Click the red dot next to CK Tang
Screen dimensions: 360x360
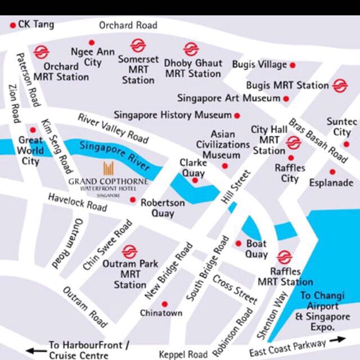(x=12, y=25)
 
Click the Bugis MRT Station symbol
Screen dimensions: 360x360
(x=340, y=85)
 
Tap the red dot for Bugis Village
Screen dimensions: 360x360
(x=292, y=65)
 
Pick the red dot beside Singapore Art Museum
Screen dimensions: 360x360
(x=286, y=98)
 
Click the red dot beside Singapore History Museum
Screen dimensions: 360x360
(x=237, y=115)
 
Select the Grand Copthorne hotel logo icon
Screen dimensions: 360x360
(x=109, y=168)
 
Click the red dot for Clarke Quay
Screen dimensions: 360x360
(x=195, y=181)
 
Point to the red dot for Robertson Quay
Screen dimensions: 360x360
(x=133, y=200)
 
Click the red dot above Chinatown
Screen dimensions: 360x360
(x=164, y=304)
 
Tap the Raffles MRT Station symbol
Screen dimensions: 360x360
(x=285, y=257)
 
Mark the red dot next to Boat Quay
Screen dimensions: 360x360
(x=238, y=244)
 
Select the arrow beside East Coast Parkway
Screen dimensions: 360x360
(x=338, y=340)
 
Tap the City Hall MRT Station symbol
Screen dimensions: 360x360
(x=293, y=143)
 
